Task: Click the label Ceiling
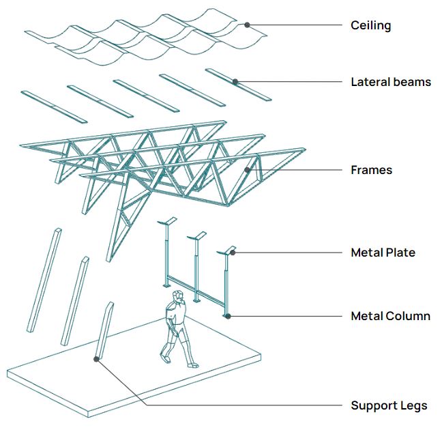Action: tap(370, 26)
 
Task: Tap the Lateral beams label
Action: tap(391, 82)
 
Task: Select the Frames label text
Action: tap(371, 169)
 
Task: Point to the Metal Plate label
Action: tap(383, 253)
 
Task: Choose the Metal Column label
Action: tap(390, 316)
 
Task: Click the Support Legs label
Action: tap(389, 405)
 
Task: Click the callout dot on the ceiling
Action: tap(248, 25)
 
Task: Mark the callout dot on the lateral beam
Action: tap(235, 82)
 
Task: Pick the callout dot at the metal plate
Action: tap(233, 252)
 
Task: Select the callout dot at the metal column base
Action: tap(228, 316)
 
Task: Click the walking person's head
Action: tap(178, 298)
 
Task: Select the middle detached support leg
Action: tap(74, 300)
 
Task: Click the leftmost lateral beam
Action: tap(54, 107)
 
